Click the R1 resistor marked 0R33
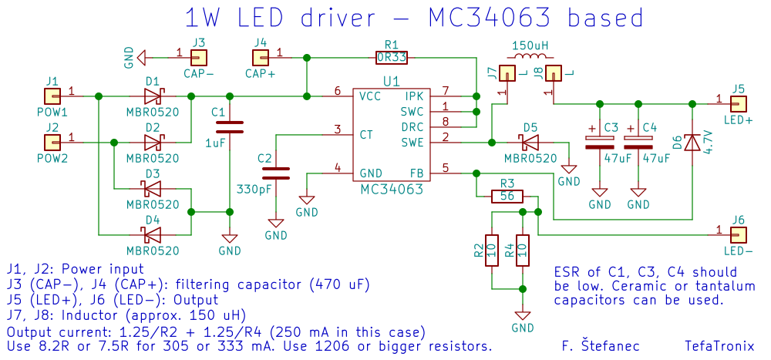[x=392, y=57]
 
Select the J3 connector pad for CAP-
[x=200, y=57]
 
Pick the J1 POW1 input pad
[x=52, y=96]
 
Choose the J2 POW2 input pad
[x=52, y=143]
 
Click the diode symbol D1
[x=153, y=96]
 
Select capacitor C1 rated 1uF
[x=229, y=127]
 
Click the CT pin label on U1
[x=367, y=134]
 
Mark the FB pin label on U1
[x=416, y=173]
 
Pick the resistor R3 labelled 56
[x=507, y=197]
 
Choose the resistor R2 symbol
[x=491, y=251]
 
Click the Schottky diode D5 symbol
[x=530, y=143]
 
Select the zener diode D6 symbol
[x=692, y=143]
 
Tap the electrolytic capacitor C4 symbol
[x=638, y=142]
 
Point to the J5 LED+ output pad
[x=739, y=103]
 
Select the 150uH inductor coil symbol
[x=530, y=58]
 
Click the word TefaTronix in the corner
[x=719, y=347]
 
